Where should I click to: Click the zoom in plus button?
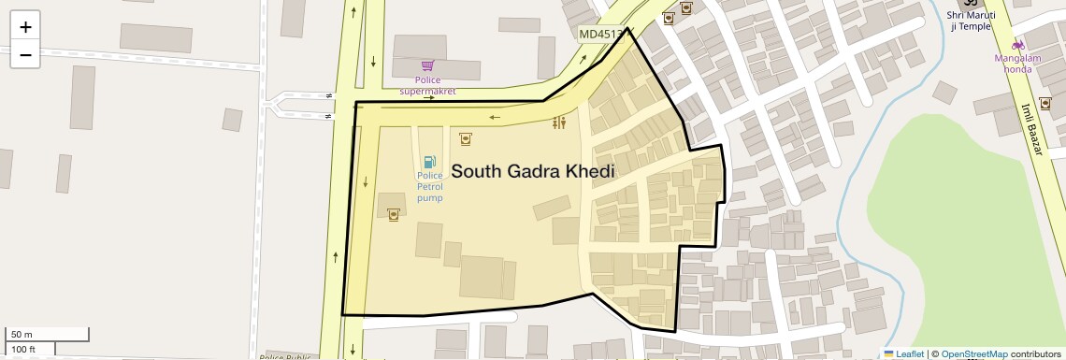[x=25, y=26]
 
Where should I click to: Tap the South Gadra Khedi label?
[x=533, y=172]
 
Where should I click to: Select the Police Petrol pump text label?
[x=429, y=186]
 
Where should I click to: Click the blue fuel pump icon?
[x=429, y=163]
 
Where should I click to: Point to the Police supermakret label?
[x=427, y=85]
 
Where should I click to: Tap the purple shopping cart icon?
[x=427, y=65]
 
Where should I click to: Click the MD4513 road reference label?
[x=600, y=35]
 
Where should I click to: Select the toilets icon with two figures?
[x=559, y=122]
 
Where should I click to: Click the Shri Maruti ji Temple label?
[x=968, y=21]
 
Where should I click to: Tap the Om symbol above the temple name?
[x=968, y=4]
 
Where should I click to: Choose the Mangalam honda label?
[x=1018, y=64]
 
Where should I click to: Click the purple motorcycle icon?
[x=1018, y=45]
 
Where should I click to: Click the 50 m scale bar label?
[x=22, y=334]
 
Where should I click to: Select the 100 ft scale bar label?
[x=23, y=350]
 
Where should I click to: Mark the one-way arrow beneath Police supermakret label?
[x=429, y=97]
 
